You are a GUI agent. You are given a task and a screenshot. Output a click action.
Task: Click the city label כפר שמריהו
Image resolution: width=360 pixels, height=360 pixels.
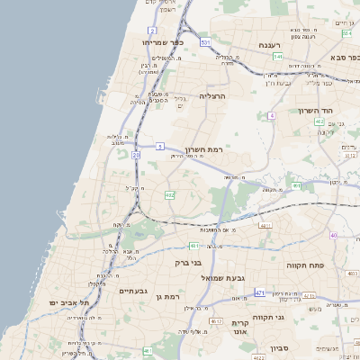pos(162,42)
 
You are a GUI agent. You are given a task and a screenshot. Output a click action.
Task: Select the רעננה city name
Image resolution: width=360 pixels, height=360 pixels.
pos(269,44)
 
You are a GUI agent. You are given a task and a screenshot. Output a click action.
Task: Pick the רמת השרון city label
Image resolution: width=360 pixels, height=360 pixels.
pos(203,149)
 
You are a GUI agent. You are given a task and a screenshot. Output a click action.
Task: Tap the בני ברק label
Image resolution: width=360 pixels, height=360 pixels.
pos(187,263)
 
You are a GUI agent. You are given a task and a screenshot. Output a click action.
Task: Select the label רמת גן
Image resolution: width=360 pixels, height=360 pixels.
pos(166,296)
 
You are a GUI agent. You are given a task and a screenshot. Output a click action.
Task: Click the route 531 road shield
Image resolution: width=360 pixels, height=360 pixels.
pos(206,42)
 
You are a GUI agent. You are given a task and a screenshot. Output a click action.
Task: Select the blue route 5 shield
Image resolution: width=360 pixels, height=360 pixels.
pos(159,145)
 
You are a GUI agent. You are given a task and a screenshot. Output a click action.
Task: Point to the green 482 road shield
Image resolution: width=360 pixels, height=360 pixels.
pos(169,194)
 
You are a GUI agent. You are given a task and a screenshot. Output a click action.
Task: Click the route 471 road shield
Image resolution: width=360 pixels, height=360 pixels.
pos(260,292)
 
